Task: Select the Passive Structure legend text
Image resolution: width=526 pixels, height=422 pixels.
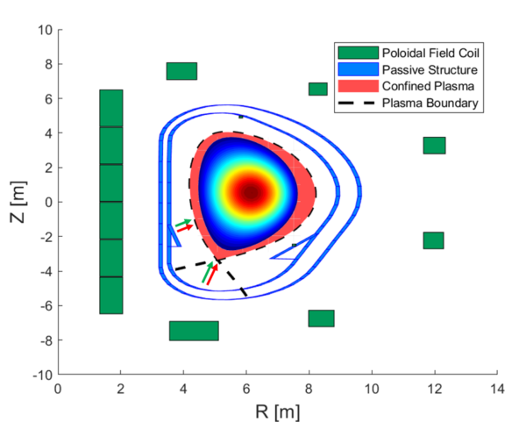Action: point(429,68)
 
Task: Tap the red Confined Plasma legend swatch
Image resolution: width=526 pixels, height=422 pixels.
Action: point(358,86)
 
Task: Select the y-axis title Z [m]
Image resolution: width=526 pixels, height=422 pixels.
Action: point(16,203)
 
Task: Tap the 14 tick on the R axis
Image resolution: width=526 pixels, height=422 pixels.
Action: point(496,388)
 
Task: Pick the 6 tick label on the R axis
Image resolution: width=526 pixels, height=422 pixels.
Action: point(246,388)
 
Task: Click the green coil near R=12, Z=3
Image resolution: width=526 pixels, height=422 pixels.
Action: point(434,146)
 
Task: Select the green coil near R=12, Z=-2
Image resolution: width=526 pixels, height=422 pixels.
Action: point(433,240)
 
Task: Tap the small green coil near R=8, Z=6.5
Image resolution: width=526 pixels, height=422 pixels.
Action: point(317,89)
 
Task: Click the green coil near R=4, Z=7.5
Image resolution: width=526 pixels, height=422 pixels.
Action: point(181,71)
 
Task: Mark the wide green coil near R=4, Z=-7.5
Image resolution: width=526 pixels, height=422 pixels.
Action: point(194,331)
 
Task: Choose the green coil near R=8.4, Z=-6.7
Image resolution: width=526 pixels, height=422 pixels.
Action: point(321,318)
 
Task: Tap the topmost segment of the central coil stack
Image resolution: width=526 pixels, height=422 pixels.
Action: point(111,108)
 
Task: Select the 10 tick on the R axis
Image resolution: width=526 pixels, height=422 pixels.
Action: point(371,388)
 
